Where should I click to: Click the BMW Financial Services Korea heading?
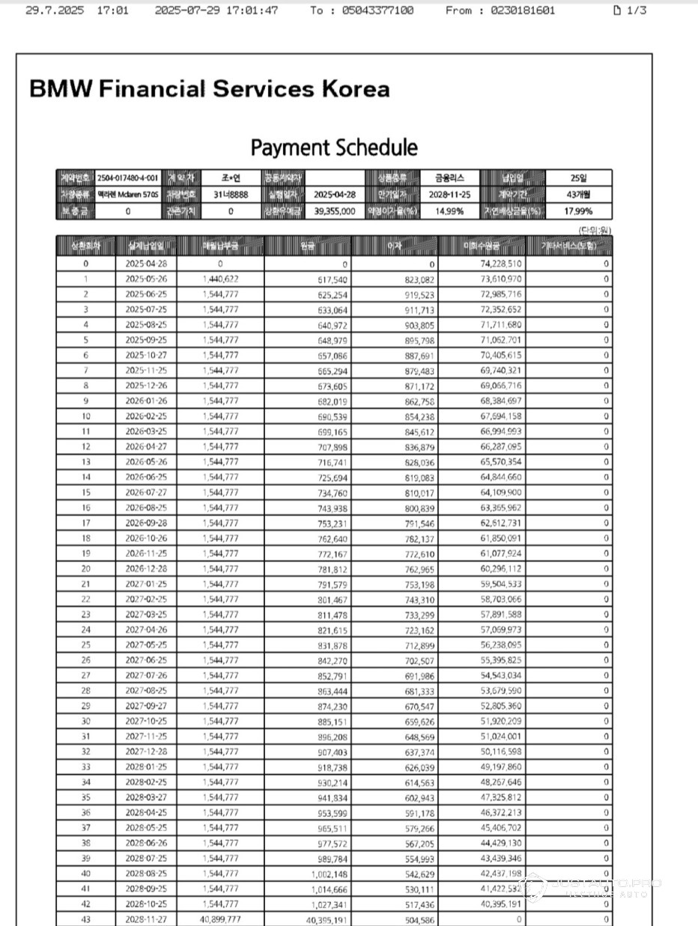209,89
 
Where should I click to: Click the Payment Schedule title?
334,147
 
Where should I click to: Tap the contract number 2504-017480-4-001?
128,178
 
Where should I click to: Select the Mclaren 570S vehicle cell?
128,195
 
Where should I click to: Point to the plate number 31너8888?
231,195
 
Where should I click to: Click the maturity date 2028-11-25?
449,195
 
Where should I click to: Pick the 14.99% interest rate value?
449,212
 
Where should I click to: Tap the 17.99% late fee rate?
579,212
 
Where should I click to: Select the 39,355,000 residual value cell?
334,212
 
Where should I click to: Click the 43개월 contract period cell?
579,195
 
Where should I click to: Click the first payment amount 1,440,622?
220,278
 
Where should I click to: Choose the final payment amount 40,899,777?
220,919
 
